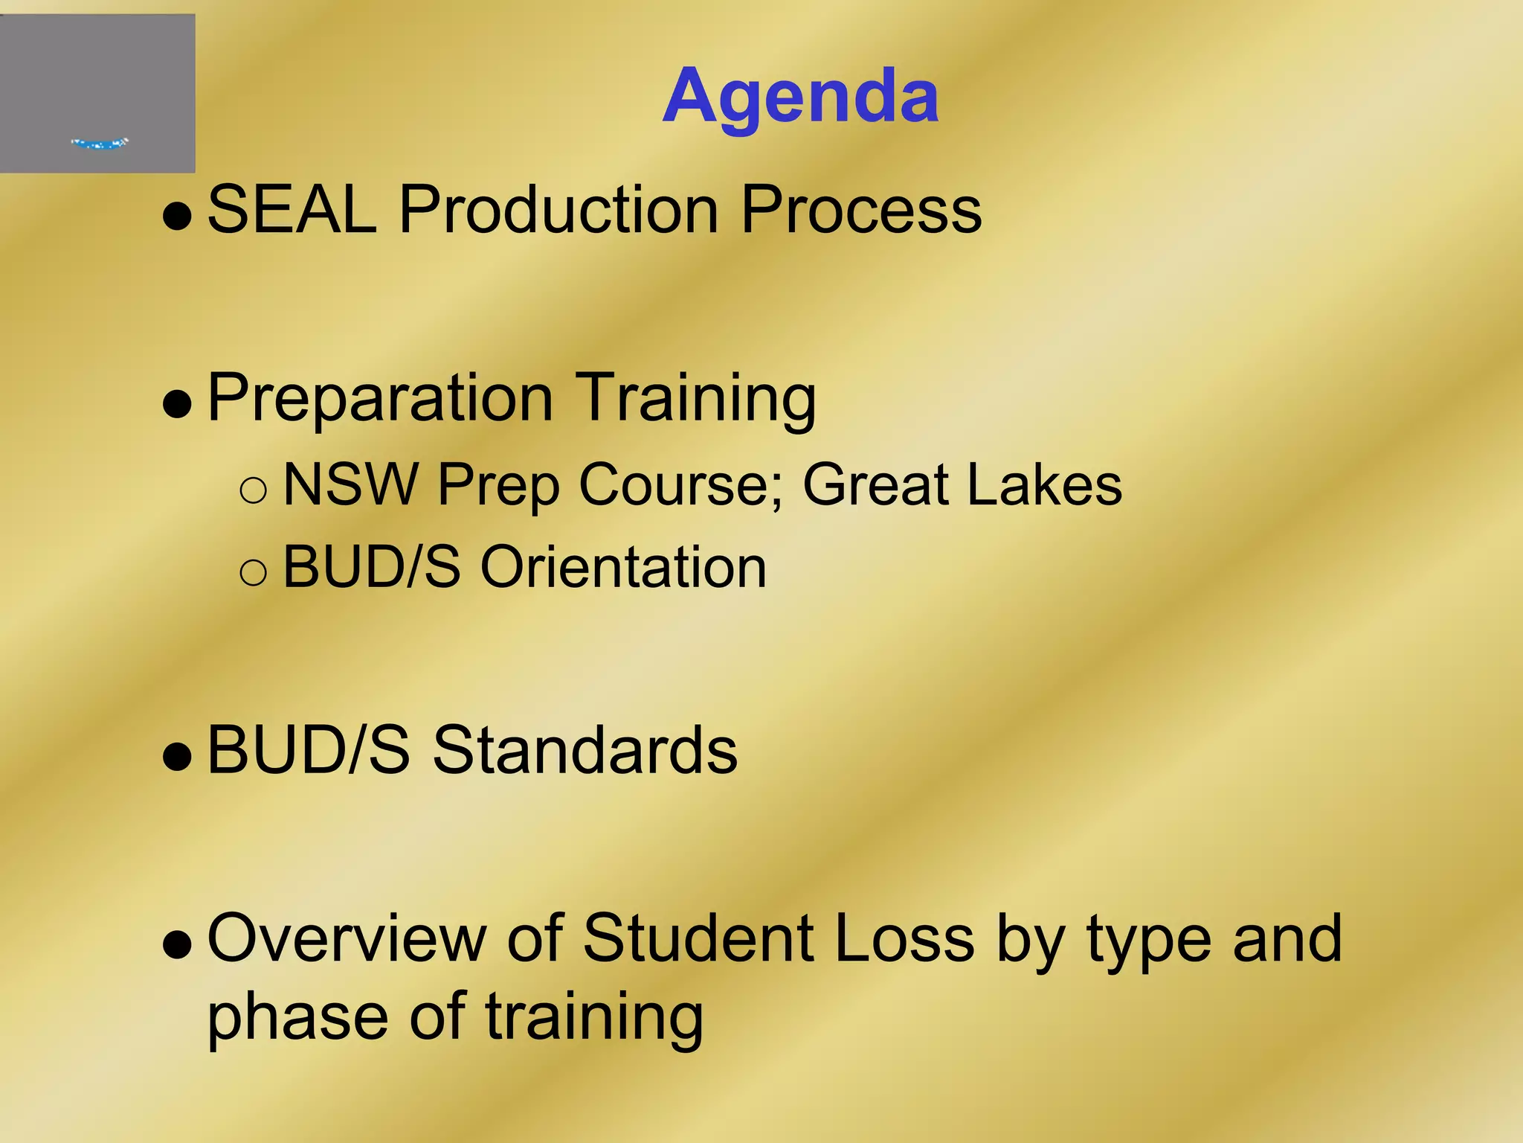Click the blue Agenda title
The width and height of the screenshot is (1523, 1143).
(800, 97)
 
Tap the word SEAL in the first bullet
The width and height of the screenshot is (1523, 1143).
(292, 210)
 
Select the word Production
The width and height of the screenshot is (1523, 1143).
(558, 210)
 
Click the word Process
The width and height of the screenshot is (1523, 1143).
(860, 210)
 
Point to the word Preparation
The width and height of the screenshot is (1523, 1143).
(380, 399)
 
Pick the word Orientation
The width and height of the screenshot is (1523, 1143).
(622, 567)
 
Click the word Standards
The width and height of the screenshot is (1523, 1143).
(585, 750)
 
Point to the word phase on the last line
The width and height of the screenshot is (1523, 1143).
(297, 1018)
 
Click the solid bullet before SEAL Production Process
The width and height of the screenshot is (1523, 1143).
(178, 217)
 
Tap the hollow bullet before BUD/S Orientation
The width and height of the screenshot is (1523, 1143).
(254, 573)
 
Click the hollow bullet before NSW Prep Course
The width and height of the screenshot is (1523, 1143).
(254, 491)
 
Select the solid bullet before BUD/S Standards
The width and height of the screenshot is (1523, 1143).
(178, 758)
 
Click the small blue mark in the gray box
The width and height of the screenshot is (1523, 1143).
(100, 144)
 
